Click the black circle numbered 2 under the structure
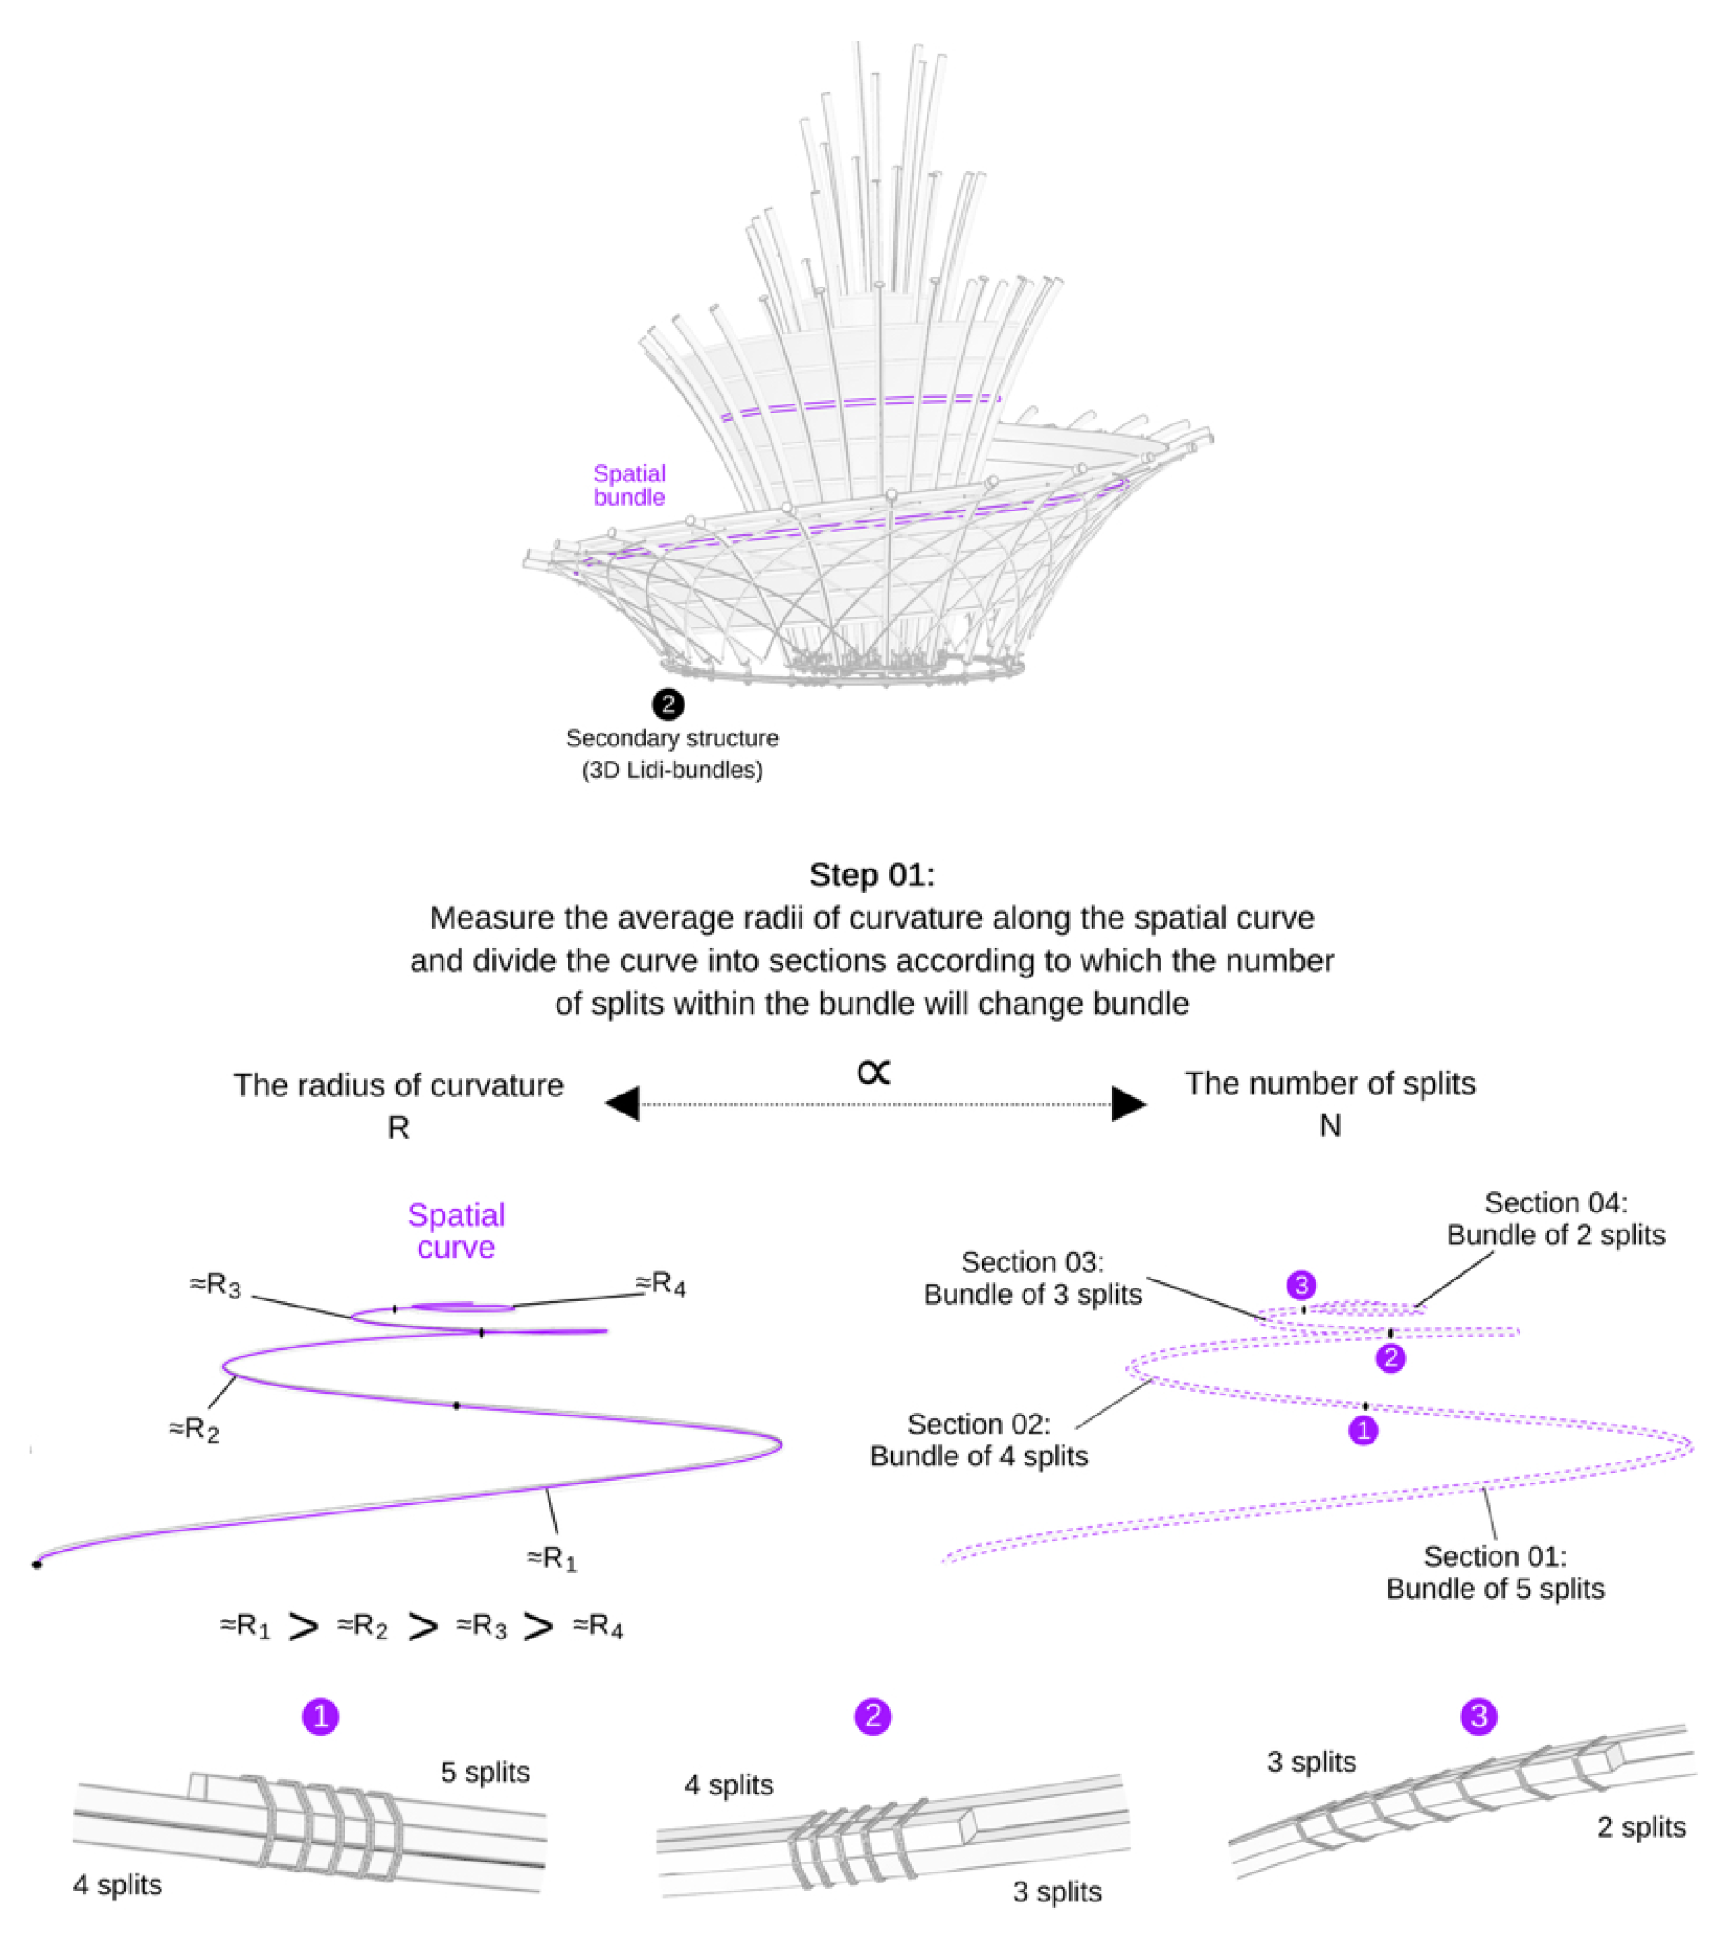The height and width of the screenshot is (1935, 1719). (x=667, y=705)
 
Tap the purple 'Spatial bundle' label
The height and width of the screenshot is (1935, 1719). (x=628, y=485)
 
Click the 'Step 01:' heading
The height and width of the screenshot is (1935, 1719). (x=871, y=875)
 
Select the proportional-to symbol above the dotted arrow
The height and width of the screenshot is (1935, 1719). (x=874, y=1072)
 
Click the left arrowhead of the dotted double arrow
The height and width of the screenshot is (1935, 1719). (x=623, y=1103)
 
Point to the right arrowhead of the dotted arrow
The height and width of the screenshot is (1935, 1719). (x=1129, y=1103)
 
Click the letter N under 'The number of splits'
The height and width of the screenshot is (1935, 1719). (x=1330, y=1125)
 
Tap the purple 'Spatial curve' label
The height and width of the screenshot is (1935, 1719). (x=455, y=1230)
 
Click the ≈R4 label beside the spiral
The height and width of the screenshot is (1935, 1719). (x=660, y=1284)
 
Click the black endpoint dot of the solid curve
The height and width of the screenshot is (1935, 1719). (x=37, y=1565)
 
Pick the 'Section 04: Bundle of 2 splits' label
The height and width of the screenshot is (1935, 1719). (x=1555, y=1219)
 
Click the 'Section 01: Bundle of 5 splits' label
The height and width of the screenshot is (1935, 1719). (x=1495, y=1572)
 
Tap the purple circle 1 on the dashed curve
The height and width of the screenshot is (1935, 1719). (x=1363, y=1431)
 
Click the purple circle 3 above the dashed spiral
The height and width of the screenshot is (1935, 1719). (x=1302, y=1285)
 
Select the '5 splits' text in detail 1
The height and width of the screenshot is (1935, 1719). (x=485, y=1772)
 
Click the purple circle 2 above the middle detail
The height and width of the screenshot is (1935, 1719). (x=873, y=1716)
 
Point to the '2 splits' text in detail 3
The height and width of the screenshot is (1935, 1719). (x=1641, y=1827)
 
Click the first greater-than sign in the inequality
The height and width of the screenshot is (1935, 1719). (x=303, y=1628)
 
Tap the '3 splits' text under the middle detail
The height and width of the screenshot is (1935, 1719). (x=1056, y=1891)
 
